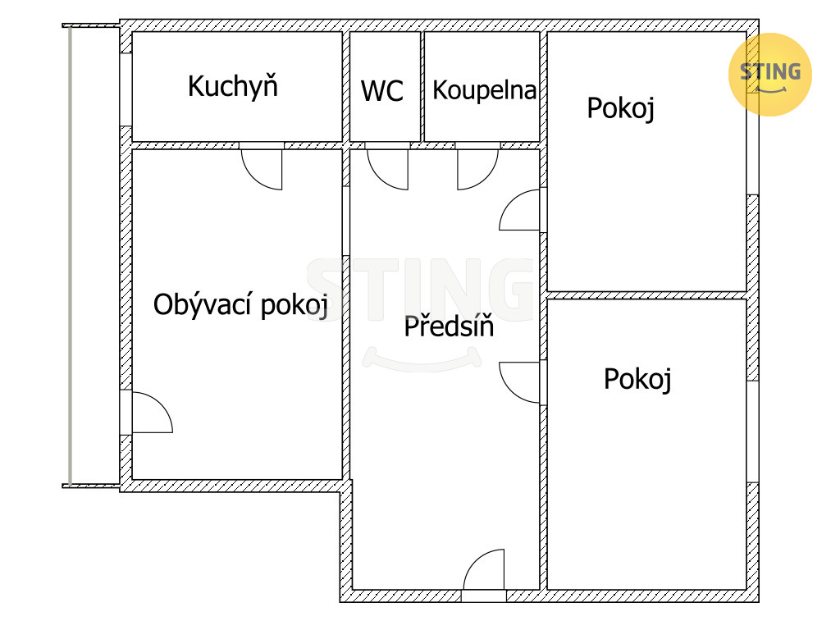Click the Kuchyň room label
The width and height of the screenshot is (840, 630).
[233, 86]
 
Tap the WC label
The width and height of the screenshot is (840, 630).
[382, 91]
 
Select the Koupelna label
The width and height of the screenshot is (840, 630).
[484, 90]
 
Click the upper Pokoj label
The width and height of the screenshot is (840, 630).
[620, 108]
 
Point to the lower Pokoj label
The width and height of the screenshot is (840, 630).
[637, 379]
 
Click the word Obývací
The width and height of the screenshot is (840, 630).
[203, 305]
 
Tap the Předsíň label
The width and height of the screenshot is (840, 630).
[449, 326]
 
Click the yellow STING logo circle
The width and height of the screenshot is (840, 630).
[769, 74]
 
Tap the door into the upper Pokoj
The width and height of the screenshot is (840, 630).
[521, 210]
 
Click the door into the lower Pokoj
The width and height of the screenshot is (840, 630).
[521, 382]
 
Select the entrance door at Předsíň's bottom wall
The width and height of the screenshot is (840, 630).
[484, 570]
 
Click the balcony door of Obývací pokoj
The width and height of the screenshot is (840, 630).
[152, 413]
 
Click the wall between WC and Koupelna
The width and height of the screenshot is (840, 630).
[422, 86]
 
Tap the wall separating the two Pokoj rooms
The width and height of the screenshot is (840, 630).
[646, 295]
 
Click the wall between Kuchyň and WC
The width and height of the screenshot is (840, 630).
[346, 86]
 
